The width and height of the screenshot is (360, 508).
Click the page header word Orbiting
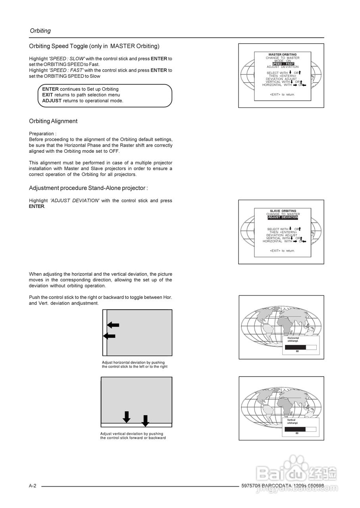40,31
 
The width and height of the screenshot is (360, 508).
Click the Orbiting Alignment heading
53,121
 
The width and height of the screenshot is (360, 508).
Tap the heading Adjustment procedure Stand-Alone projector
88,188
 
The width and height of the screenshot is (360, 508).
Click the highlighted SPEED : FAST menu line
283,64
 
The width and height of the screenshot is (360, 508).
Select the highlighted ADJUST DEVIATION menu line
283,217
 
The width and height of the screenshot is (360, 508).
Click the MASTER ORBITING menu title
283,55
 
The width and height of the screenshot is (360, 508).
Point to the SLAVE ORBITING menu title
283,211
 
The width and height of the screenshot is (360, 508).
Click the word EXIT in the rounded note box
48,95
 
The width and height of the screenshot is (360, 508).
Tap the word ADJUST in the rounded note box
52,101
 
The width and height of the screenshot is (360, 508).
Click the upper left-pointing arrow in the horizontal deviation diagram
113,325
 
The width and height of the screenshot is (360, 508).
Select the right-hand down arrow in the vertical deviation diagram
145,421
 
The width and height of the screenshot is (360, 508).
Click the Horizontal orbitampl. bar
300,347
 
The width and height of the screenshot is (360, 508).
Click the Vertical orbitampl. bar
300,429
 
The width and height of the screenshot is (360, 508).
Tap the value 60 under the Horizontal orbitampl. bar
297,351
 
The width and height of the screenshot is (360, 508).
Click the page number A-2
33,486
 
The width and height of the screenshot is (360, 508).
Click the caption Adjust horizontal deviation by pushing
133,362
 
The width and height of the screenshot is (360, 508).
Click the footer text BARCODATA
277,486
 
